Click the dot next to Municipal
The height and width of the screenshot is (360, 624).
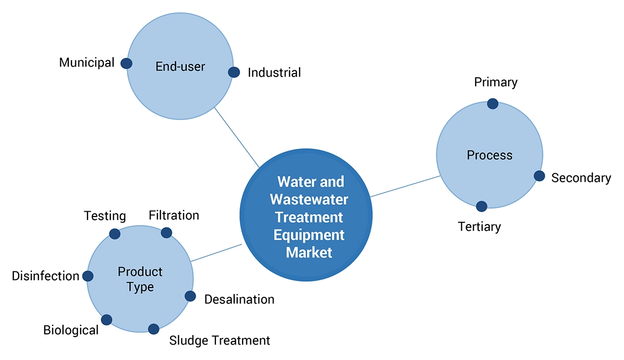pyautogui.click(x=126, y=63)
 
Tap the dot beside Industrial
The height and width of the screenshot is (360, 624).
pyautogui.click(x=234, y=72)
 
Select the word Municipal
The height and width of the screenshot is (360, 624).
pyautogui.click(x=86, y=62)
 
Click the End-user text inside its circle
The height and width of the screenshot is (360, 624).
pyautogui.click(x=180, y=67)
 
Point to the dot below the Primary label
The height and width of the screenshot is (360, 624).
pyautogui.click(x=493, y=103)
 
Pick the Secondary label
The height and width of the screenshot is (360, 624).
pyautogui.click(x=581, y=178)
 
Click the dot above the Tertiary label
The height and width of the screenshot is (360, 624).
pyautogui.click(x=482, y=206)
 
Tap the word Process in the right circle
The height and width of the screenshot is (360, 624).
pyautogui.click(x=490, y=155)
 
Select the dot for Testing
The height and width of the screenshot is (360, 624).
pyautogui.click(x=115, y=234)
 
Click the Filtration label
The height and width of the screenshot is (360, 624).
pyautogui.click(x=174, y=215)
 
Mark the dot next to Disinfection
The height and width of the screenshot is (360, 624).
pyautogui.click(x=88, y=276)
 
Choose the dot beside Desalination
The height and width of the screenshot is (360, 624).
pyautogui.click(x=190, y=296)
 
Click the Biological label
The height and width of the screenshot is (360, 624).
pyautogui.click(x=71, y=330)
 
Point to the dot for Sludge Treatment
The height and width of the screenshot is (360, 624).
pyautogui.click(x=154, y=329)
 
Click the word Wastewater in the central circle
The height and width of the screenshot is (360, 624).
pyautogui.click(x=309, y=199)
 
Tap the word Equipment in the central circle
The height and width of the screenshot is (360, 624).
pyautogui.click(x=309, y=235)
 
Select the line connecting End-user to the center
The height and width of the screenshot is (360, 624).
pyautogui.click(x=236, y=137)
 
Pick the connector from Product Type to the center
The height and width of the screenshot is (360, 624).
pyautogui.click(x=217, y=253)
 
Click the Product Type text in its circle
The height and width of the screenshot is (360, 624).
pyautogui.click(x=140, y=279)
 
